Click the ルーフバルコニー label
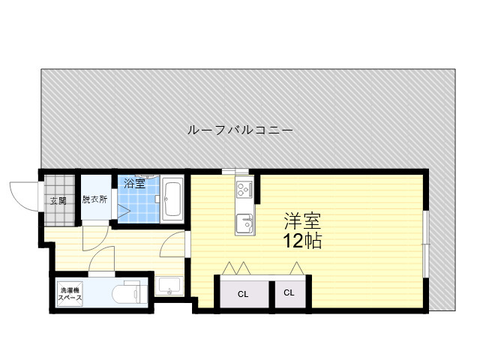[x=240, y=130]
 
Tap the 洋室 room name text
[x=302, y=220]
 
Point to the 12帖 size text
[x=302, y=241]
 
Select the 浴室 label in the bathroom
[x=134, y=183]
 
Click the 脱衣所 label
[x=94, y=199]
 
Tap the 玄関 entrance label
[x=58, y=201]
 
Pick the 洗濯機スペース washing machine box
[x=70, y=293]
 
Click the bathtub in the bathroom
[x=172, y=199]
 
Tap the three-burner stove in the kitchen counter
[x=244, y=189]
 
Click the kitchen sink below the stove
[x=245, y=223]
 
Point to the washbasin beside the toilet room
[x=169, y=286]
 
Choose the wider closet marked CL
[x=244, y=294]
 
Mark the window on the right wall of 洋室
[x=426, y=244]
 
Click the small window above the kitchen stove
[x=235, y=171]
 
